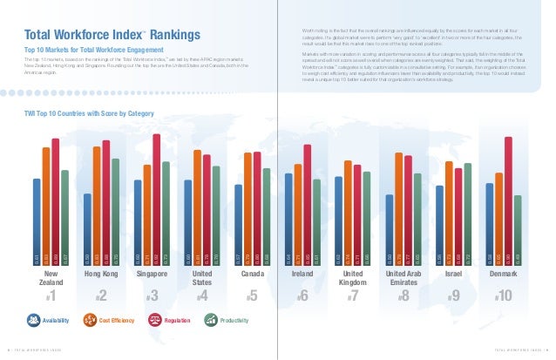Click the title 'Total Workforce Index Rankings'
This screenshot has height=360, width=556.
click(112, 35)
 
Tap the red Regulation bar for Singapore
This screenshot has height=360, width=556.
click(156, 200)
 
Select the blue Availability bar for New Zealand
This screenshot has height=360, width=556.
click(37, 222)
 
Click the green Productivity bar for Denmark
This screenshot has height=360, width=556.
click(518, 231)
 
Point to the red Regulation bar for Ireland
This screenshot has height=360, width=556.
click(308, 206)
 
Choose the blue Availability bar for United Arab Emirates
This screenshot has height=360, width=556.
click(389, 230)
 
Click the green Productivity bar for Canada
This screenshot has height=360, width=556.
click(267, 218)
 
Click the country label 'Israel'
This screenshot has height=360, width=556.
click(453, 274)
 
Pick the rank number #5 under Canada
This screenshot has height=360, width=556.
click(252, 297)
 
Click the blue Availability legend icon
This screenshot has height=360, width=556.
click(26, 321)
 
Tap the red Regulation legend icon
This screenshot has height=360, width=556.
click(154, 321)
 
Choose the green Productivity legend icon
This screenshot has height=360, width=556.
click(211, 321)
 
